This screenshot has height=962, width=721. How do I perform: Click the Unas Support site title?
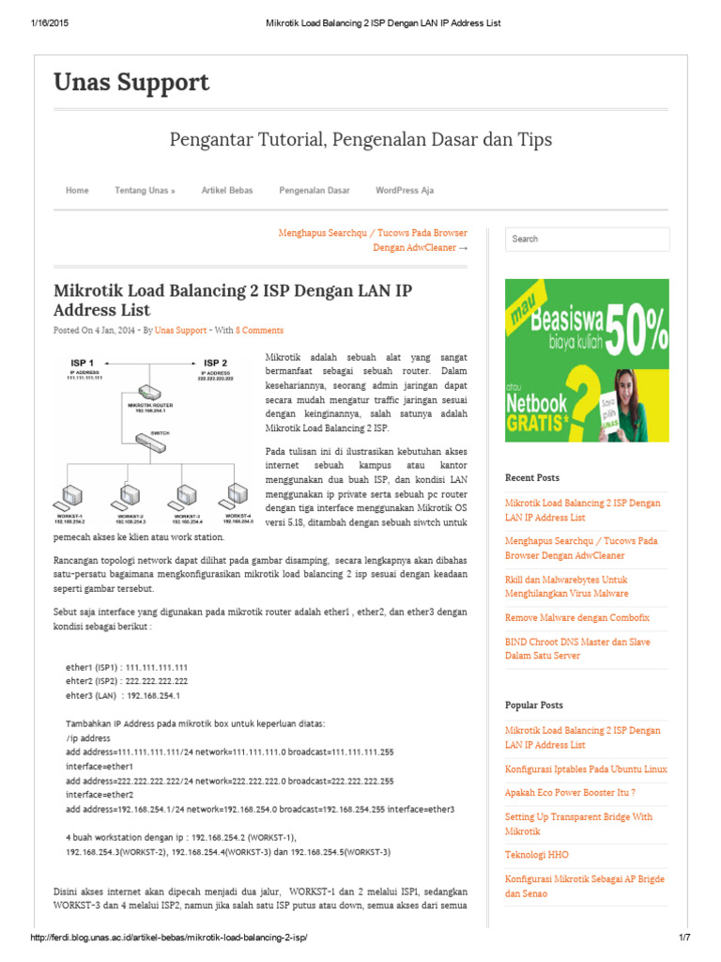tap(131, 83)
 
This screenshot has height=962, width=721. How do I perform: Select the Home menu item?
tap(77, 190)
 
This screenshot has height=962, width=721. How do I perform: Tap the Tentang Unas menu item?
tap(145, 190)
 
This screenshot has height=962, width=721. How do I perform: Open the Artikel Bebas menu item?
tap(227, 190)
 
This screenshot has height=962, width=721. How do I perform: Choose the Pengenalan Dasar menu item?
tap(314, 190)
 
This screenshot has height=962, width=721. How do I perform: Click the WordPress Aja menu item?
tap(405, 190)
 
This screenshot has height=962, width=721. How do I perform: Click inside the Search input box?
tap(587, 239)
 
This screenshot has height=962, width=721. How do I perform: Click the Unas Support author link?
tap(180, 331)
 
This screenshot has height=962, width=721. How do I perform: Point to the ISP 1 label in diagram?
tap(83, 362)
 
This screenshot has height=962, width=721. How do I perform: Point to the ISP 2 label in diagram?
tap(215, 362)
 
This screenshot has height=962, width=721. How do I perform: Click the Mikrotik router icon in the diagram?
tap(148, 393)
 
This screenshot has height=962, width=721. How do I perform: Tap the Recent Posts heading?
tap(531, 478)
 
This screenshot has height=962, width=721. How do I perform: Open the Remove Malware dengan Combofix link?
tap(576, 618)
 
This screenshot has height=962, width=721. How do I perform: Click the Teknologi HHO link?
tap(536, 855)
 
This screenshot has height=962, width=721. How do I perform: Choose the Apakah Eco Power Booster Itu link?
tap(570, 792)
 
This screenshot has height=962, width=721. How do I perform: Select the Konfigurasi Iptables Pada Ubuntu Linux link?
tap(586, 768)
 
